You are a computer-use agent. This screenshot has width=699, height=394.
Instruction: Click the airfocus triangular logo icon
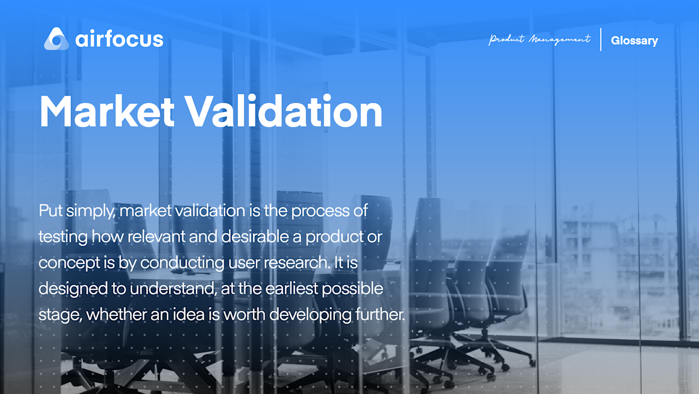click(57, 38)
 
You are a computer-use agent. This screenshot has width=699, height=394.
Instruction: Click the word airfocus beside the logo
click(119, 39)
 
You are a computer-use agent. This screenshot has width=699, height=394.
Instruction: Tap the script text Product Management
click(539, 40)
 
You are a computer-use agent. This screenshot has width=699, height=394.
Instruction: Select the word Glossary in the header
click(634, 40)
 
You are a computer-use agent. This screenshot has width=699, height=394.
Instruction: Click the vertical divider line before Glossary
click(601, 39)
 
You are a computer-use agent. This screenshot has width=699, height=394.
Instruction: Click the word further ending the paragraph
click(379, 315)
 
